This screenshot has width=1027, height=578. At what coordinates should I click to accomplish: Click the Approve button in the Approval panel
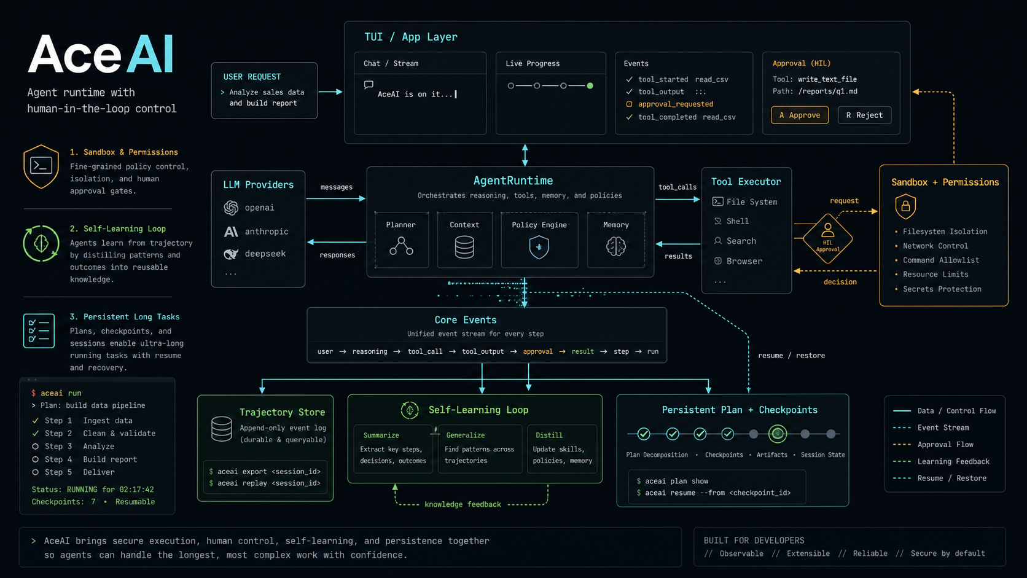pyautogui.click(x=800, y=115)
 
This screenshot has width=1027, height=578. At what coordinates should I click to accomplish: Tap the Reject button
pyautogui.click(x=864, y=115)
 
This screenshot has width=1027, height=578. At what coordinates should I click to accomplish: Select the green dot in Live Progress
pyautogui.click(x=590, y=86)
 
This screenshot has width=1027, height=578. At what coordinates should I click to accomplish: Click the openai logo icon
pyautogui.click(x=231, y=208)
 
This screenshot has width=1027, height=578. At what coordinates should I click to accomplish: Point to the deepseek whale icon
pyautogui.click(x=231, y=254)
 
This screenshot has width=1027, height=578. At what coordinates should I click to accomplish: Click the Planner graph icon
pyautogui.click(x=401, y=246)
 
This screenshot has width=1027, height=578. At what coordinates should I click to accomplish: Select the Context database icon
pyautogui.click(x=464, y=247)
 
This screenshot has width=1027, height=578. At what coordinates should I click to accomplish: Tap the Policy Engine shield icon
pyautogui.click(x=539, y=247)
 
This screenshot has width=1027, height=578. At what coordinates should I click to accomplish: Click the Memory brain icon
pyautogui.click(x=615, y=246)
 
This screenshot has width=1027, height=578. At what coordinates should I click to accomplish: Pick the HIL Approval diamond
pyautogui.click(x=827, y=238)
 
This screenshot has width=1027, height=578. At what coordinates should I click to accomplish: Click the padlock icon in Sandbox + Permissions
pyautogui.click(x=905, y=206)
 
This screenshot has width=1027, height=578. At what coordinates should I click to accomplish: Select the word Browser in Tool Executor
pyautogui.click(x=744, y=261)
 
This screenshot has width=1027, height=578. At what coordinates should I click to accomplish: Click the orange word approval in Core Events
pyautogui.click(x=538, y=351)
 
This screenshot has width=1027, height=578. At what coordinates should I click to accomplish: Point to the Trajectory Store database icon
pyautogui.click(x=222, y=429)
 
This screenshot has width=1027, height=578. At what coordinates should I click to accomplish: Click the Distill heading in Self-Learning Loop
pyautogui.click(x=549, y=435)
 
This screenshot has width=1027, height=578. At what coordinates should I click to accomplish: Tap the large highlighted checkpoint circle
pyautogui.click(x=778, y=434)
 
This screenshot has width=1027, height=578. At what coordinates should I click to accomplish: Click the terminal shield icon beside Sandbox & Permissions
pyautogui.click(x=41, y=167)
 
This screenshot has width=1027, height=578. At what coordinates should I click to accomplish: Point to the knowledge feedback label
pyautogui.click(x=463, y=504)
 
